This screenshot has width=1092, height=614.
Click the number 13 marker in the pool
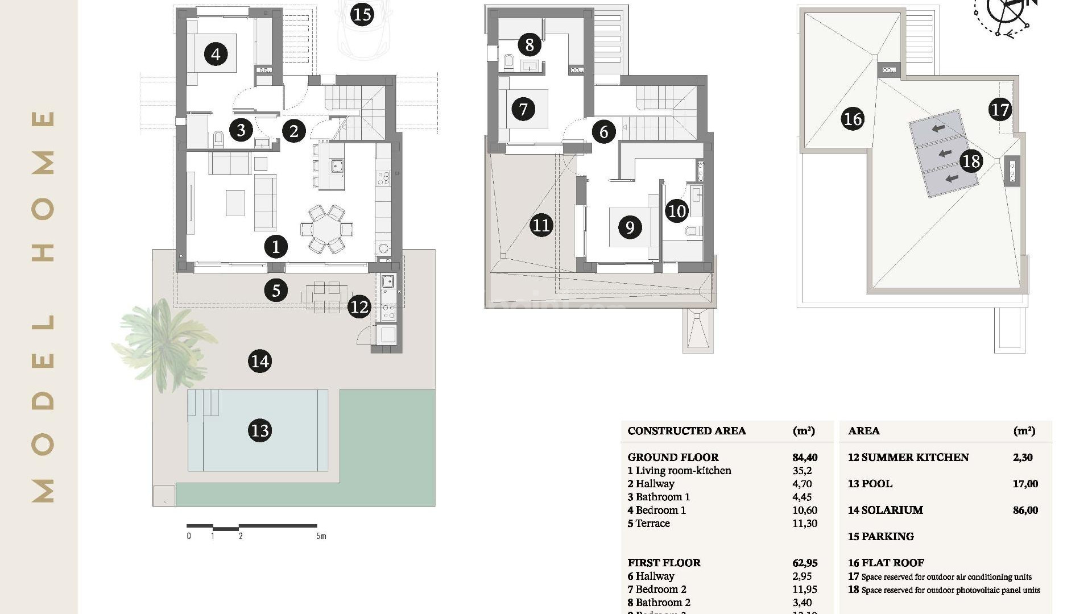(x=260, y=430)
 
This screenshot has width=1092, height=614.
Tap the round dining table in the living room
(x=326, y=229)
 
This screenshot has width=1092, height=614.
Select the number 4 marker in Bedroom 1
(x=216, y=55)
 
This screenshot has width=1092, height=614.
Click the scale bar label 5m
(x=321, y=536)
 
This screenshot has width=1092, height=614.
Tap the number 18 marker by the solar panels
(x=971, y=161)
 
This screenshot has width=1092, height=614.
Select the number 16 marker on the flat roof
(x=852, y=119)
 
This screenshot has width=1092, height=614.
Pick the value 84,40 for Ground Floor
(x=804, y=457)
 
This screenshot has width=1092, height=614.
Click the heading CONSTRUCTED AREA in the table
(x=686, y=431)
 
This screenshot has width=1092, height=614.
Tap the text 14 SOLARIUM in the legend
(x=886, y=510)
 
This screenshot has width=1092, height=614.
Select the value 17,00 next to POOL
(x=1025, y=484)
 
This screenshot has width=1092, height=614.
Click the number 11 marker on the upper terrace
(x=541, y=226)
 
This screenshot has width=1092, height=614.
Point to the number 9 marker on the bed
(x=630, y=227)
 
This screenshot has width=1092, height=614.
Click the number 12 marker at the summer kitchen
(x=359, y=307)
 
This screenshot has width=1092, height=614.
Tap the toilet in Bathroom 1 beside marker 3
(x=218, y=138)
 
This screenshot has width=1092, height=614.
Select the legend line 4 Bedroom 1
(x=657, y=510)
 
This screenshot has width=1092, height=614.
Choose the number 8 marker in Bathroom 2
(x=530, y=44)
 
